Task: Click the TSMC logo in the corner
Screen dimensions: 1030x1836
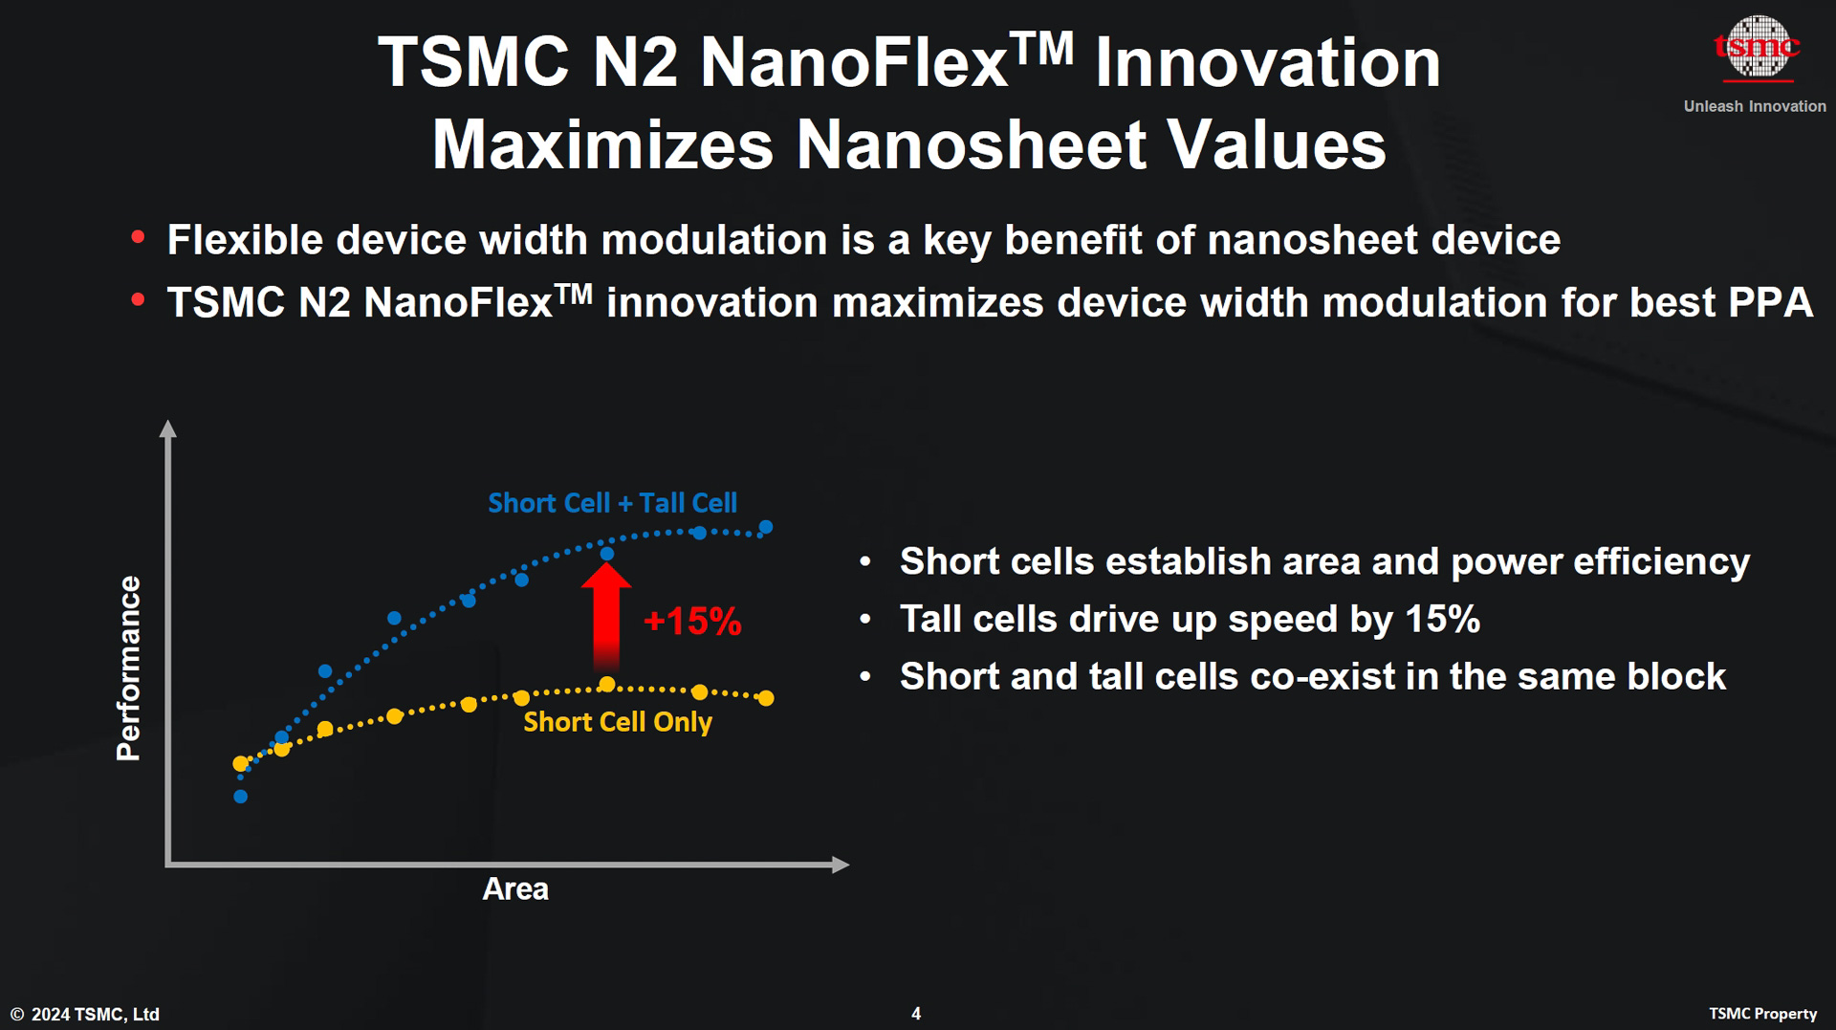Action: tap(1757, 48)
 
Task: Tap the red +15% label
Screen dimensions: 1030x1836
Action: tap(692, 622)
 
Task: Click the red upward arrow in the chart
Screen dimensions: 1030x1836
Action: tap(606, 616)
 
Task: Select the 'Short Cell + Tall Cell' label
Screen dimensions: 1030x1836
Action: tap(612, 503)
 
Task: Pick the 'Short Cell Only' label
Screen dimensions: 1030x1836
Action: tap(617, 722)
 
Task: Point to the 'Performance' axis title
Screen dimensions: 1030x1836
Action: tap(128, 668)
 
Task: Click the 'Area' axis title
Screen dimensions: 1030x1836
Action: tap(514, 888)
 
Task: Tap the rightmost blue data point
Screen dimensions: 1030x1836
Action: tap(766, 527)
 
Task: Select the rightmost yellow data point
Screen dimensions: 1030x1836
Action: tap(766, 698)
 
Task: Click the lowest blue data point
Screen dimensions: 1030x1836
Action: tap(241, 797)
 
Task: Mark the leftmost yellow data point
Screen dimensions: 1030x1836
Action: tap(241, 763)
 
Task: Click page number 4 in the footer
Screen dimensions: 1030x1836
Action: tap(916, 1014)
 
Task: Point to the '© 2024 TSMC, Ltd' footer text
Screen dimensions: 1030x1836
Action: tap(85, 1014)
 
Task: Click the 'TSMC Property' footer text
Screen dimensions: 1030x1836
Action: tap(1762, 1014)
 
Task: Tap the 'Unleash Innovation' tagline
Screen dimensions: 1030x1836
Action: tap(1754, 106)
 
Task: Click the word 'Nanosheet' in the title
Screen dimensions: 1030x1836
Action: tap(971, 145)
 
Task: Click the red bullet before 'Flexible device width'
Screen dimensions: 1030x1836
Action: tap(138, 237)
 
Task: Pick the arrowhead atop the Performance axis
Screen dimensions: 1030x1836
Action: tap(168, 428)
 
